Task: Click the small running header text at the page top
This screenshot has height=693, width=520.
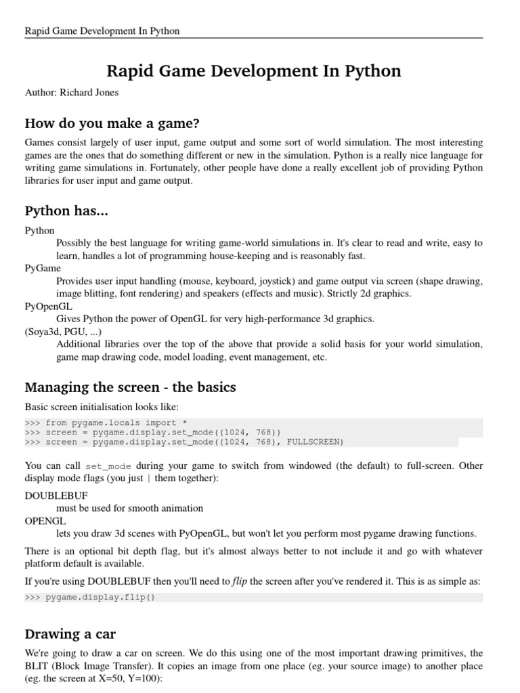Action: tap(102, 31)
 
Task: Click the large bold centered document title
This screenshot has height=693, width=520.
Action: tap(254, 71)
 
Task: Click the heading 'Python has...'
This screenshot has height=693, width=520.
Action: tap(66, 210)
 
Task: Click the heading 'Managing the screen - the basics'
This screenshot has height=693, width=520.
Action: tap(130, 387)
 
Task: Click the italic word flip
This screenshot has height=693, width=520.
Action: tap(240, 581)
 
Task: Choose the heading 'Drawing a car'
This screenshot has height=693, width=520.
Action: tap(70, 634)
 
